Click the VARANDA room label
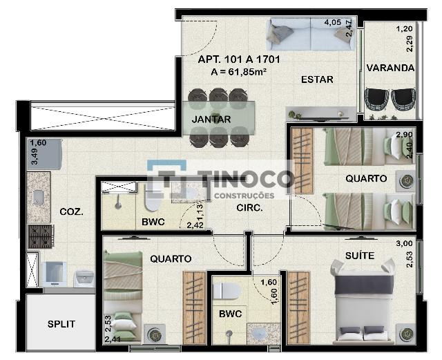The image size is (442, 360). [390, 68]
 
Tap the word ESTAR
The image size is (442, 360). [317, 79]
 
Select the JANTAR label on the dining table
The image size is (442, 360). [211, 120]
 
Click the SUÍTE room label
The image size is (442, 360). [360, 256]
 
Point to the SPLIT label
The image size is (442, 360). [61, 324]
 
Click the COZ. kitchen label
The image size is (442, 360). [72, 212]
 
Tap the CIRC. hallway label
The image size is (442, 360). [249, 208]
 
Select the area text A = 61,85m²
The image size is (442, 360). [239, 72]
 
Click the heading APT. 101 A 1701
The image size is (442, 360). [239, 59]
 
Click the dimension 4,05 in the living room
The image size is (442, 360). [333, 22]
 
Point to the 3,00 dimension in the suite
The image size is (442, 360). [404, 243]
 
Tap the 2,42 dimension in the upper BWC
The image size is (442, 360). [195, 225]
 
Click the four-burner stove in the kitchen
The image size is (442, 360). [41, 236]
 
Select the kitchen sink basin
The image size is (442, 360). [39, 197]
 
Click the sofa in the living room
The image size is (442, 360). [311, 34]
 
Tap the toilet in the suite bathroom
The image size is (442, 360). [226, 291]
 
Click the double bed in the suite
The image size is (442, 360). [364, 301]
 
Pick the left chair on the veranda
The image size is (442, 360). [376, 100]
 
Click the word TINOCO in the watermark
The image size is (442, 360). [245, 180]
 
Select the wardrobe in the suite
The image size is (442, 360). [298, 307]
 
